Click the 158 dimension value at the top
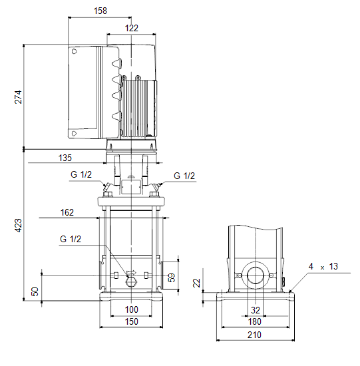click(x=100, y=11)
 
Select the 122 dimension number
click(x=132, y=28)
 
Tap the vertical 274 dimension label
click(x=18, y=97)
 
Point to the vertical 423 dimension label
click(x=18, y=225)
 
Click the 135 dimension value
click(x=65, y=158)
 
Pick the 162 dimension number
click(x=67, y=212)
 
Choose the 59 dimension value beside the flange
click(x=172, y=277)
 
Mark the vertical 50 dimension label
click(x=35, y=291)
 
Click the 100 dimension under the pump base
click(x=132, y=309)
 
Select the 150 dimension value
click(x=132, y=321)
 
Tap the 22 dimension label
click(x=196, y=283)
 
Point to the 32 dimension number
click(x=255, y=310)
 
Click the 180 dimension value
click(x=254, y=321)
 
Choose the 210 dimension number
click(x=254, y=335)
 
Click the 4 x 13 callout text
click(x=323, y=266)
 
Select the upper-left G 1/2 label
click(x=81, y=174)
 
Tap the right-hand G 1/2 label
click(x=184, y=176)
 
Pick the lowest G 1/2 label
click(x=71, y=239)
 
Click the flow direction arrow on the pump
click(x=131, y=272)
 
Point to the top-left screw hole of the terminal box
click(x=75, y=51)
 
